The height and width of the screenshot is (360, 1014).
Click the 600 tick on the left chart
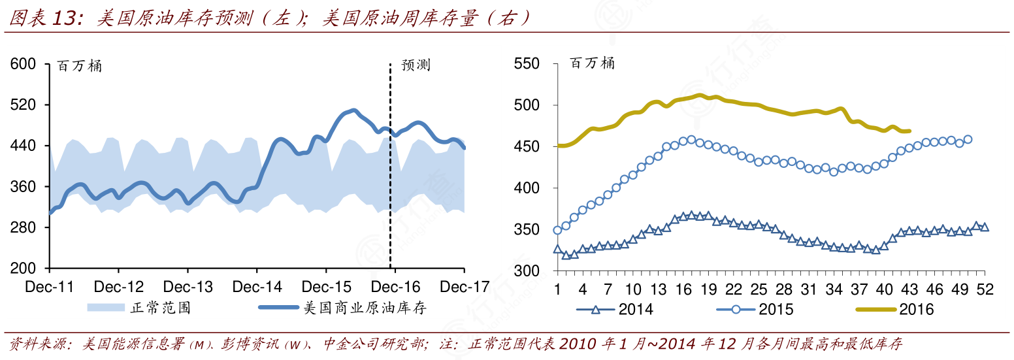24,64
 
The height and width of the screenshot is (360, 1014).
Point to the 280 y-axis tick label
24,228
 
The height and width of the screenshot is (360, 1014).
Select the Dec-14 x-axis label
257,287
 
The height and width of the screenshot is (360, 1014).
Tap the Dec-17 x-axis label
464,287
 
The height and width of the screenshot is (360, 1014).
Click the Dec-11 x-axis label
50,287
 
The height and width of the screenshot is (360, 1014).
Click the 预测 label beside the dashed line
416,65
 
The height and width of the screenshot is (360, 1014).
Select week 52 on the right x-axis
985,289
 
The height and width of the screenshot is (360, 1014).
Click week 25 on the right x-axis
759,289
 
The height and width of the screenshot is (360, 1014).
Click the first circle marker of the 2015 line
557,230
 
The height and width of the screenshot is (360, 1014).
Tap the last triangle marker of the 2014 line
985,227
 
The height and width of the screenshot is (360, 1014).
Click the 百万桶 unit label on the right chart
592,63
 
